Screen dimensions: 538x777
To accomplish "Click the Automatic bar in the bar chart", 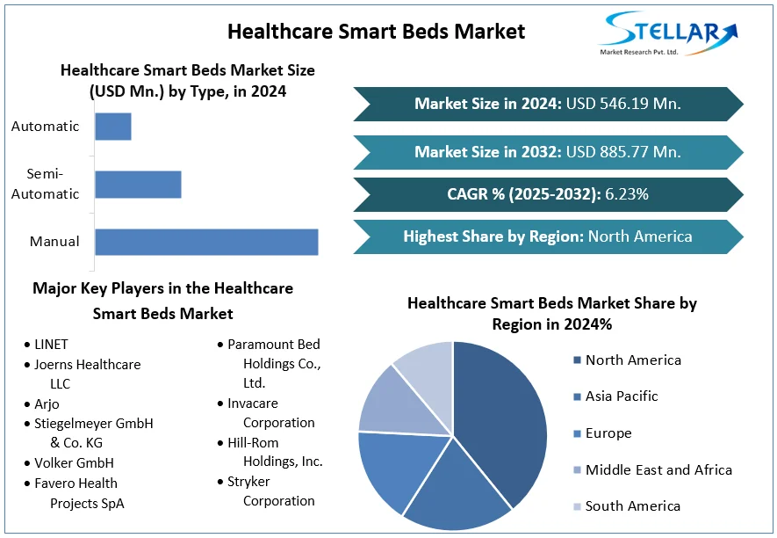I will [x=113, y=127].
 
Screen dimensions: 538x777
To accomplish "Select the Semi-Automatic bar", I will [x=138, y=185].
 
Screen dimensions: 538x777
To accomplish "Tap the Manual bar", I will [x=206, y=242].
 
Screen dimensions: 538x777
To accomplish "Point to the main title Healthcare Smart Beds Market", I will [x=376, y=32].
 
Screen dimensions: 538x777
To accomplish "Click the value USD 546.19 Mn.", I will [x=623, y=104].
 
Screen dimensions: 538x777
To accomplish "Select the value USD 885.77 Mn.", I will [x=623, y=152].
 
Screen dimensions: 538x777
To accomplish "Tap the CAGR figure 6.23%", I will [x=627, y=194].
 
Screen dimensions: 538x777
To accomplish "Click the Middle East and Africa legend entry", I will [x=658, y=469].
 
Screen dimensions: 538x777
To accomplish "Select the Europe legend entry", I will [x=608, y=433].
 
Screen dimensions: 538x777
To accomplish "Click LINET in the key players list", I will [x=51, y=345].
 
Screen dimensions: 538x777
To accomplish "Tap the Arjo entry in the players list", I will [x=47, y=404].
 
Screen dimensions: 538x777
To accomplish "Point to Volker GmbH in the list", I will [x=74, y=463].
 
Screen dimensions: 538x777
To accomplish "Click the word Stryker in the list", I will [x=248, y=482].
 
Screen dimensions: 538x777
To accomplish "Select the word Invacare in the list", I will [x=253, y=403].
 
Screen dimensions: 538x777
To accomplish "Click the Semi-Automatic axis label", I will [x=45, y=184].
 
